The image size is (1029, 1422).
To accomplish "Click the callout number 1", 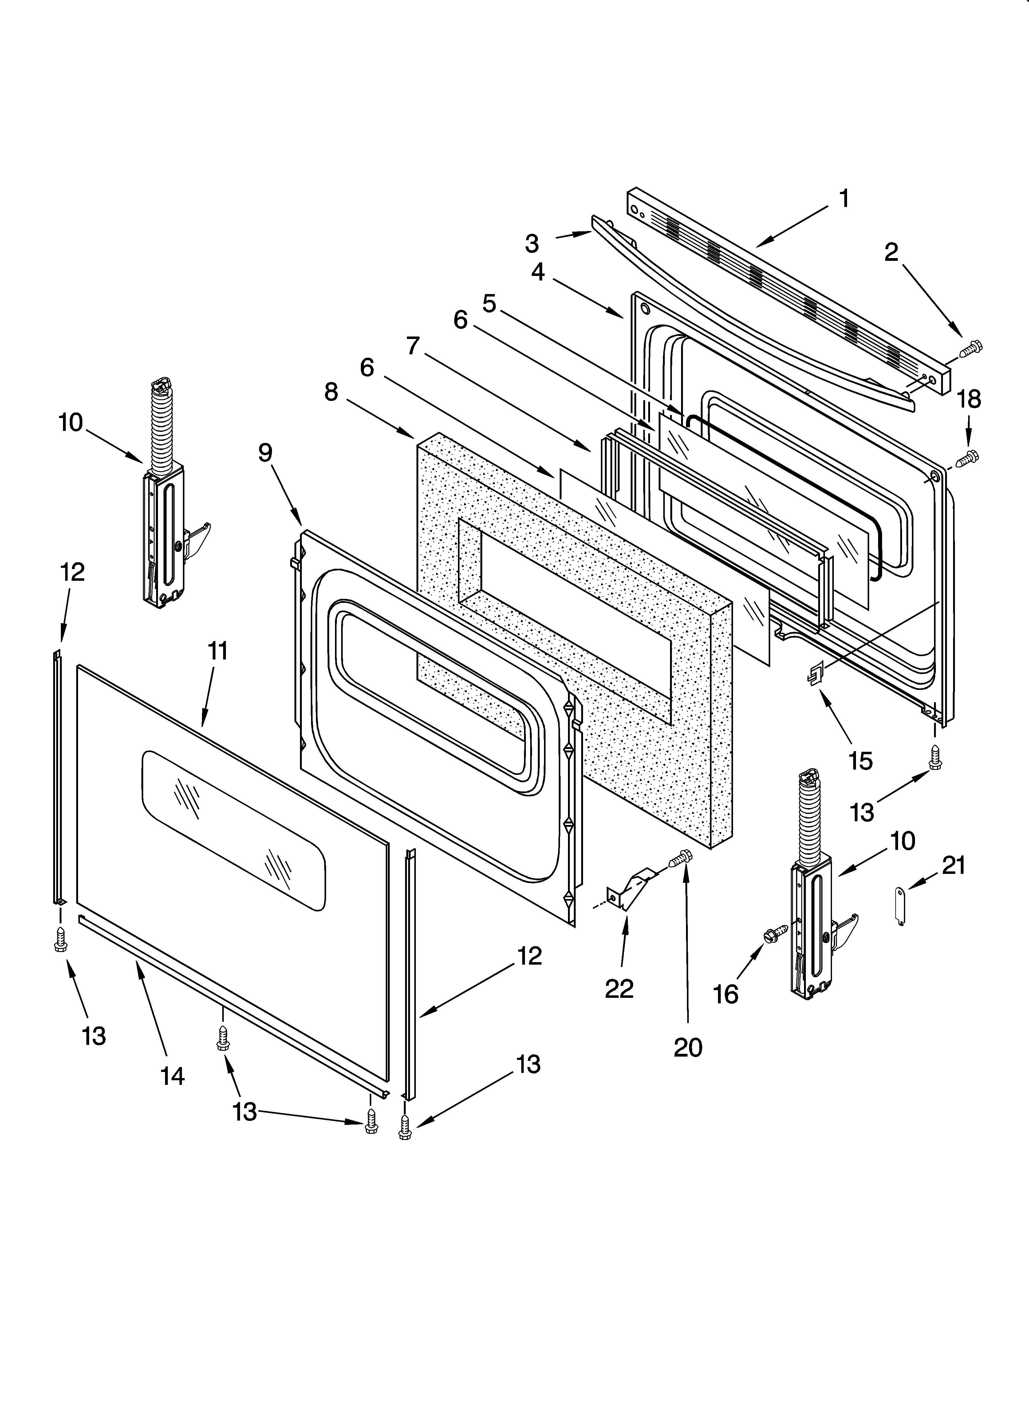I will click(x=844, y=199).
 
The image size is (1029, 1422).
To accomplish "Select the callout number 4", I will click(x=538, y=272).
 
